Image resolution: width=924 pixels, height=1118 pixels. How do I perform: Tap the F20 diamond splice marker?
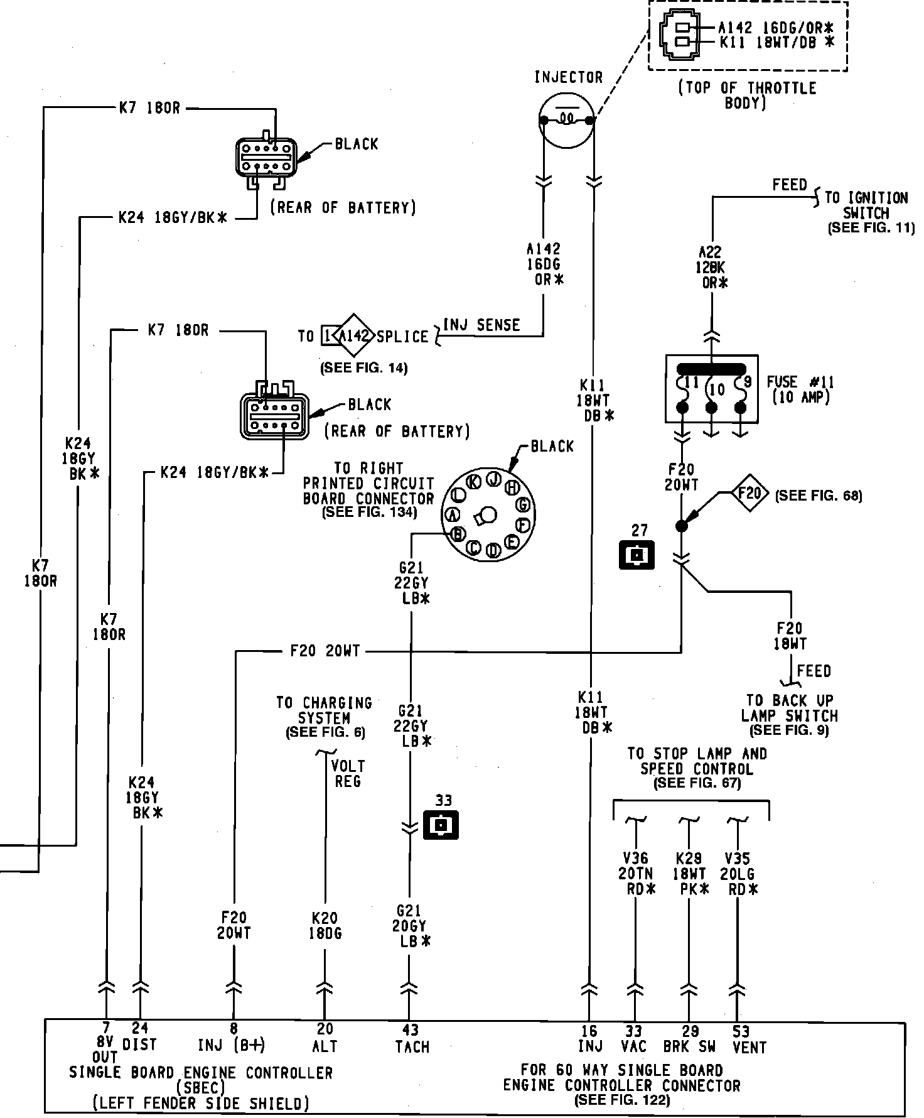749,493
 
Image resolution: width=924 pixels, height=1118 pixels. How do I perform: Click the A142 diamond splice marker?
355,335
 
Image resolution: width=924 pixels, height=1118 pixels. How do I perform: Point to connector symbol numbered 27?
637,555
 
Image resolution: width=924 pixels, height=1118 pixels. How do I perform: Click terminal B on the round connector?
458,533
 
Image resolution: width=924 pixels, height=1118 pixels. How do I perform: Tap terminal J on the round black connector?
494,479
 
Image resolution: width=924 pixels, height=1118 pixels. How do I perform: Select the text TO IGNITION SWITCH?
866,205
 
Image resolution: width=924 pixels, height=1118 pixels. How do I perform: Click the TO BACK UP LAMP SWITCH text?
790,708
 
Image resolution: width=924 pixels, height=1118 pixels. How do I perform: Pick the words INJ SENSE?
481,325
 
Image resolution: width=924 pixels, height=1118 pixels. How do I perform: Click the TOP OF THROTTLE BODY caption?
747,95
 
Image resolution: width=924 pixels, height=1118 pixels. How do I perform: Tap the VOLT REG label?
348,773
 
